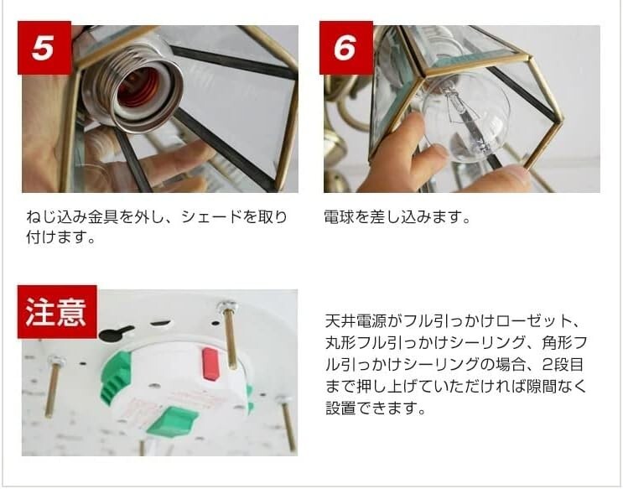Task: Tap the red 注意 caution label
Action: coord(56,311)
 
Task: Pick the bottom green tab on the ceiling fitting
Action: coord(173,419)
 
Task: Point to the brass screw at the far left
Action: coord(54,385)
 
